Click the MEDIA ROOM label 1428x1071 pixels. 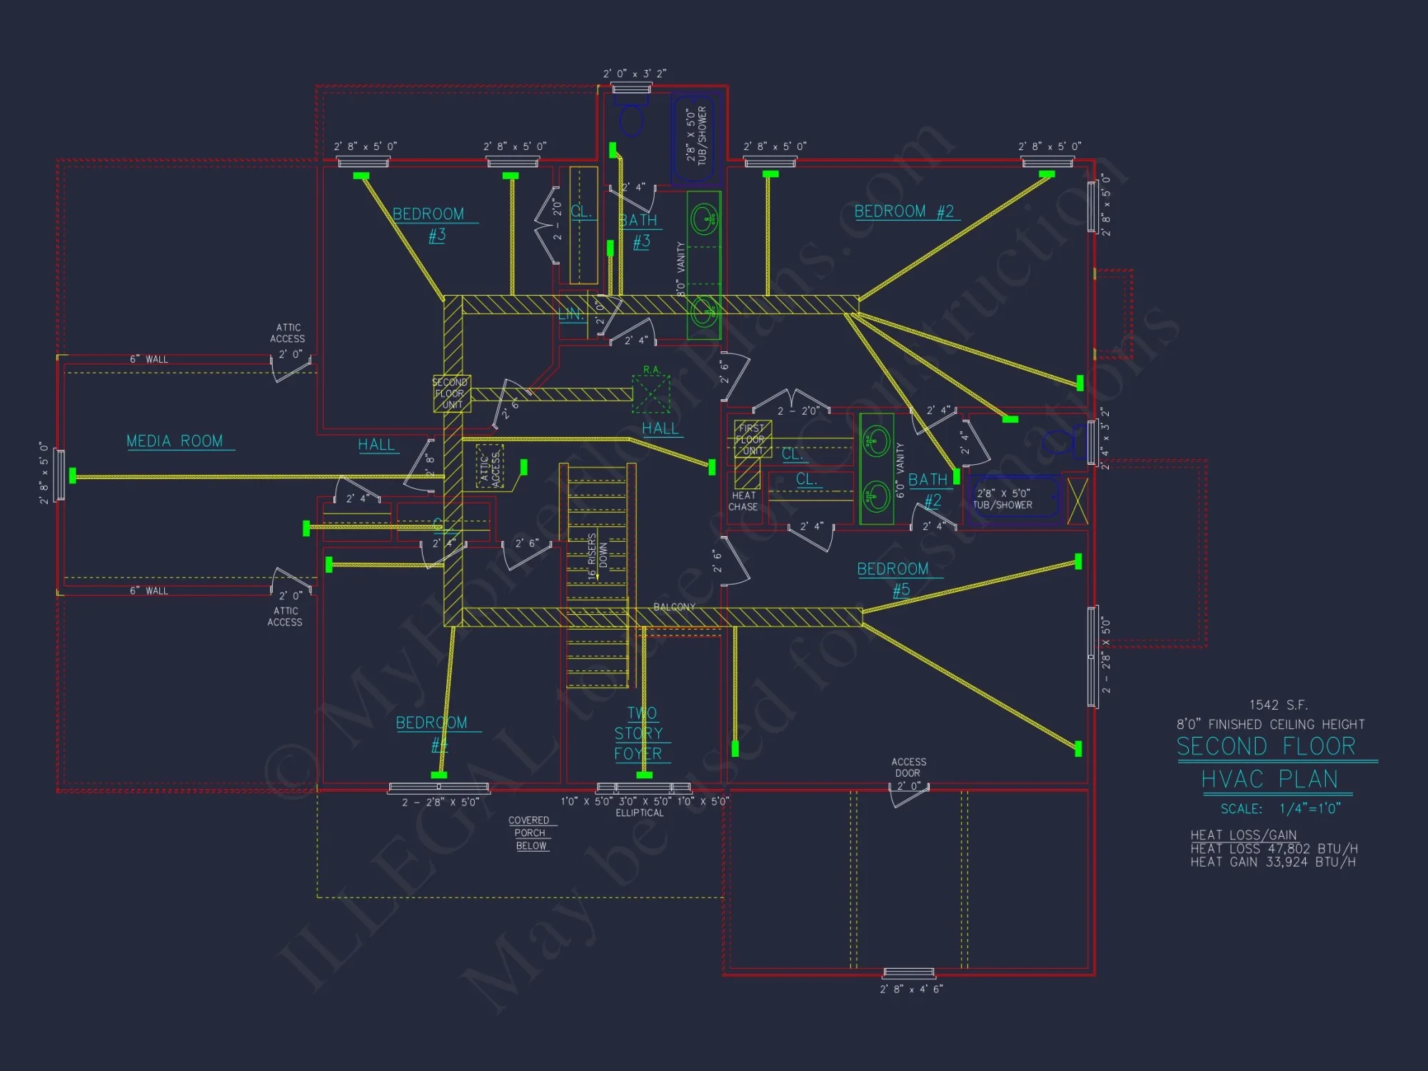pyautogui.click(x=175, y=441)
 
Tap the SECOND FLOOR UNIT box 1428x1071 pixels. pyautogui.click(x=451, y=393)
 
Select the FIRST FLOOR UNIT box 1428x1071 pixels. pyautogui.click(x=753, y=439)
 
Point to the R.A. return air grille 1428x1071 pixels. pyautogui.click(x=651, y=393)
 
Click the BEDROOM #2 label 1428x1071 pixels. pyautogui.click(x=904, y=211)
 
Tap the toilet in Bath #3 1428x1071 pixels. pyautogui.click(x=631, y=120)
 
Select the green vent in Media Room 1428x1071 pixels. pyautogui.click(x=72, y=476)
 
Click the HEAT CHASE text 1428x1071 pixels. pyautogui.click(x=743, y=501)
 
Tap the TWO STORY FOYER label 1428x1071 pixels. pyautogui.click(x=639, y=733)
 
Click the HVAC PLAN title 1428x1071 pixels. pyautogui.click(x=1269, y=779)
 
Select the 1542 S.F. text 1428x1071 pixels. pyautogui.click(x=1278, y=705)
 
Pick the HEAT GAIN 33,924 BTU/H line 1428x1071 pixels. pyautogui.click(x=1272, y=862)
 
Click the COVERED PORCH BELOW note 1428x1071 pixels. pyautogui.click(x=530, y=833)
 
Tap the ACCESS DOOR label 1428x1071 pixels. pyautogui.click(x=908, y=767)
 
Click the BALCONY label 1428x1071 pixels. pyautogui.click(x=674, y=607)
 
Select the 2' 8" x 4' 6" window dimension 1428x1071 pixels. pyautogui.click(x=911, y=989)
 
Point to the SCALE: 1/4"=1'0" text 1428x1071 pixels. pyautogui.click(x=1280, y=808)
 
